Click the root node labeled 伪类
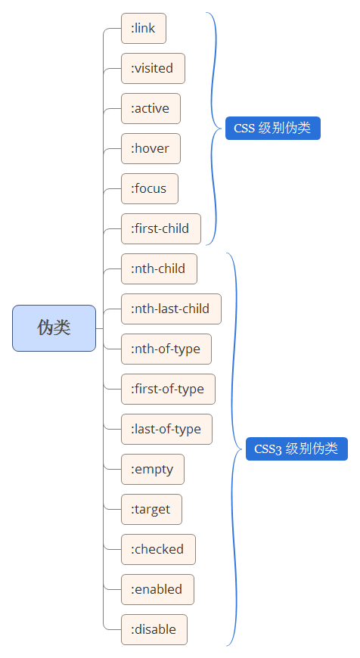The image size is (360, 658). [x=54, y=328]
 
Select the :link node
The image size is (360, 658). [x=143, y=28]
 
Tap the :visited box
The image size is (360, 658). [x=153, y=68]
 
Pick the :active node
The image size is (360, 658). [x=151, y=108]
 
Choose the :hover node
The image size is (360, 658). [x=151, y=148]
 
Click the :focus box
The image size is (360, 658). [x=149, y=188]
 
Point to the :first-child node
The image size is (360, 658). [x=160, y=228]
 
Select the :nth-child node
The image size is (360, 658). [x=159, y=268]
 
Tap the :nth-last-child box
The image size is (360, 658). [x=171, y=309]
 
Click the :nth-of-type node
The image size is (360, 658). [x=166, y=349]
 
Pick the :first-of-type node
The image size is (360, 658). [x=168, y=389]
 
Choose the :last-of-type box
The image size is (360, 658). [x=166, y=429]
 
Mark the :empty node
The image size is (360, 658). [x=152, y=469]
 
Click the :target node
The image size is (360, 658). [x=151, y=509]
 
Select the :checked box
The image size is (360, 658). [x=158, y=549]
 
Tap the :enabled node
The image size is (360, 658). [x=157, y=589]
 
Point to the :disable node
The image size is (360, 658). [x=154, y=629]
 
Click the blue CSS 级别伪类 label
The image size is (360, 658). [x=272, y=129]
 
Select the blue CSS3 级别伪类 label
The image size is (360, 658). [x=296, y=449]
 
